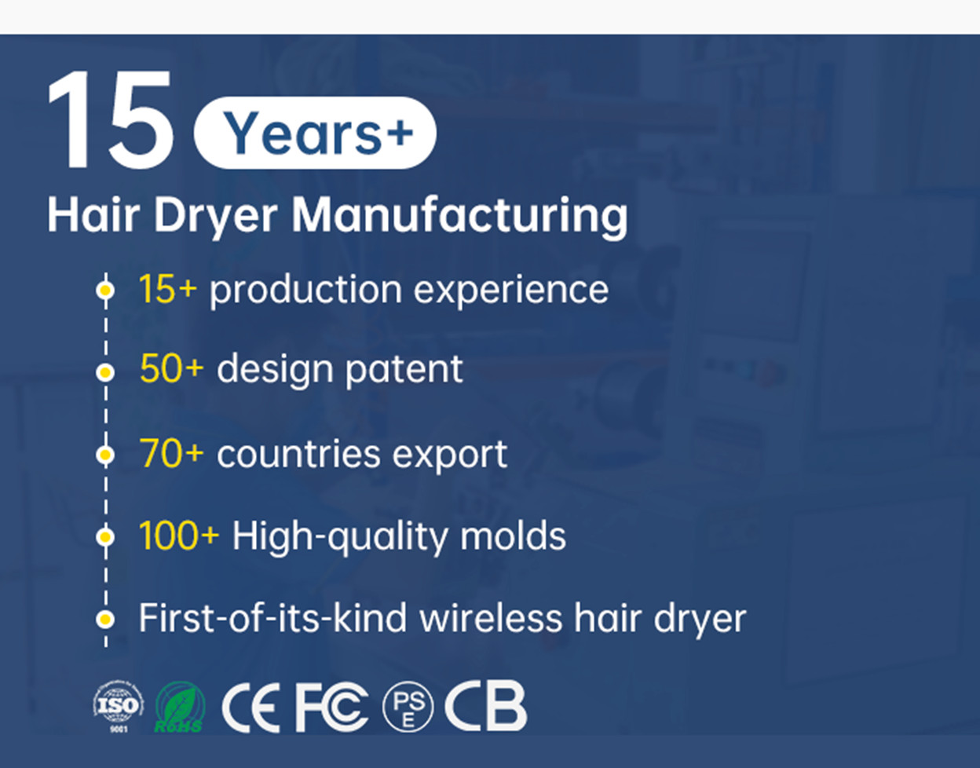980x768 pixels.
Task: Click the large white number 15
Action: click(111, 119)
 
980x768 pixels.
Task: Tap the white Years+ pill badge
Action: click(315, 133)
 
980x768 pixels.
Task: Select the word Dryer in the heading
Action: click(216, 217)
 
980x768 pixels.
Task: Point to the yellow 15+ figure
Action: click(168, 289)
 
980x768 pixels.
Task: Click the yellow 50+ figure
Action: click(171, 369)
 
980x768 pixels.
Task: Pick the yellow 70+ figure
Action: click(171, 453)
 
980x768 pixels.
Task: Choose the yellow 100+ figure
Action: click(179, 536)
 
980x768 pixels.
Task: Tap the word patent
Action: click(404, 371)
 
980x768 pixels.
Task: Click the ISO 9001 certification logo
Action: click(118, 707)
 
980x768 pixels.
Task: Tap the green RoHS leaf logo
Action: click(180, 707)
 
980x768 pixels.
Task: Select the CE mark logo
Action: click(250, 707)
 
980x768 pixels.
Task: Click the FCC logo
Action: click(332, 707)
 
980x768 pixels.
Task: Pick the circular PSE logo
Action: click(408, 707)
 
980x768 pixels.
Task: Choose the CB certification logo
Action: click(486, 706)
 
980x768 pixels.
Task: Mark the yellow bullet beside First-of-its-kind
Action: click(105, 619)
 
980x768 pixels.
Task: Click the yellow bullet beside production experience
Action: click(105, 290)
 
